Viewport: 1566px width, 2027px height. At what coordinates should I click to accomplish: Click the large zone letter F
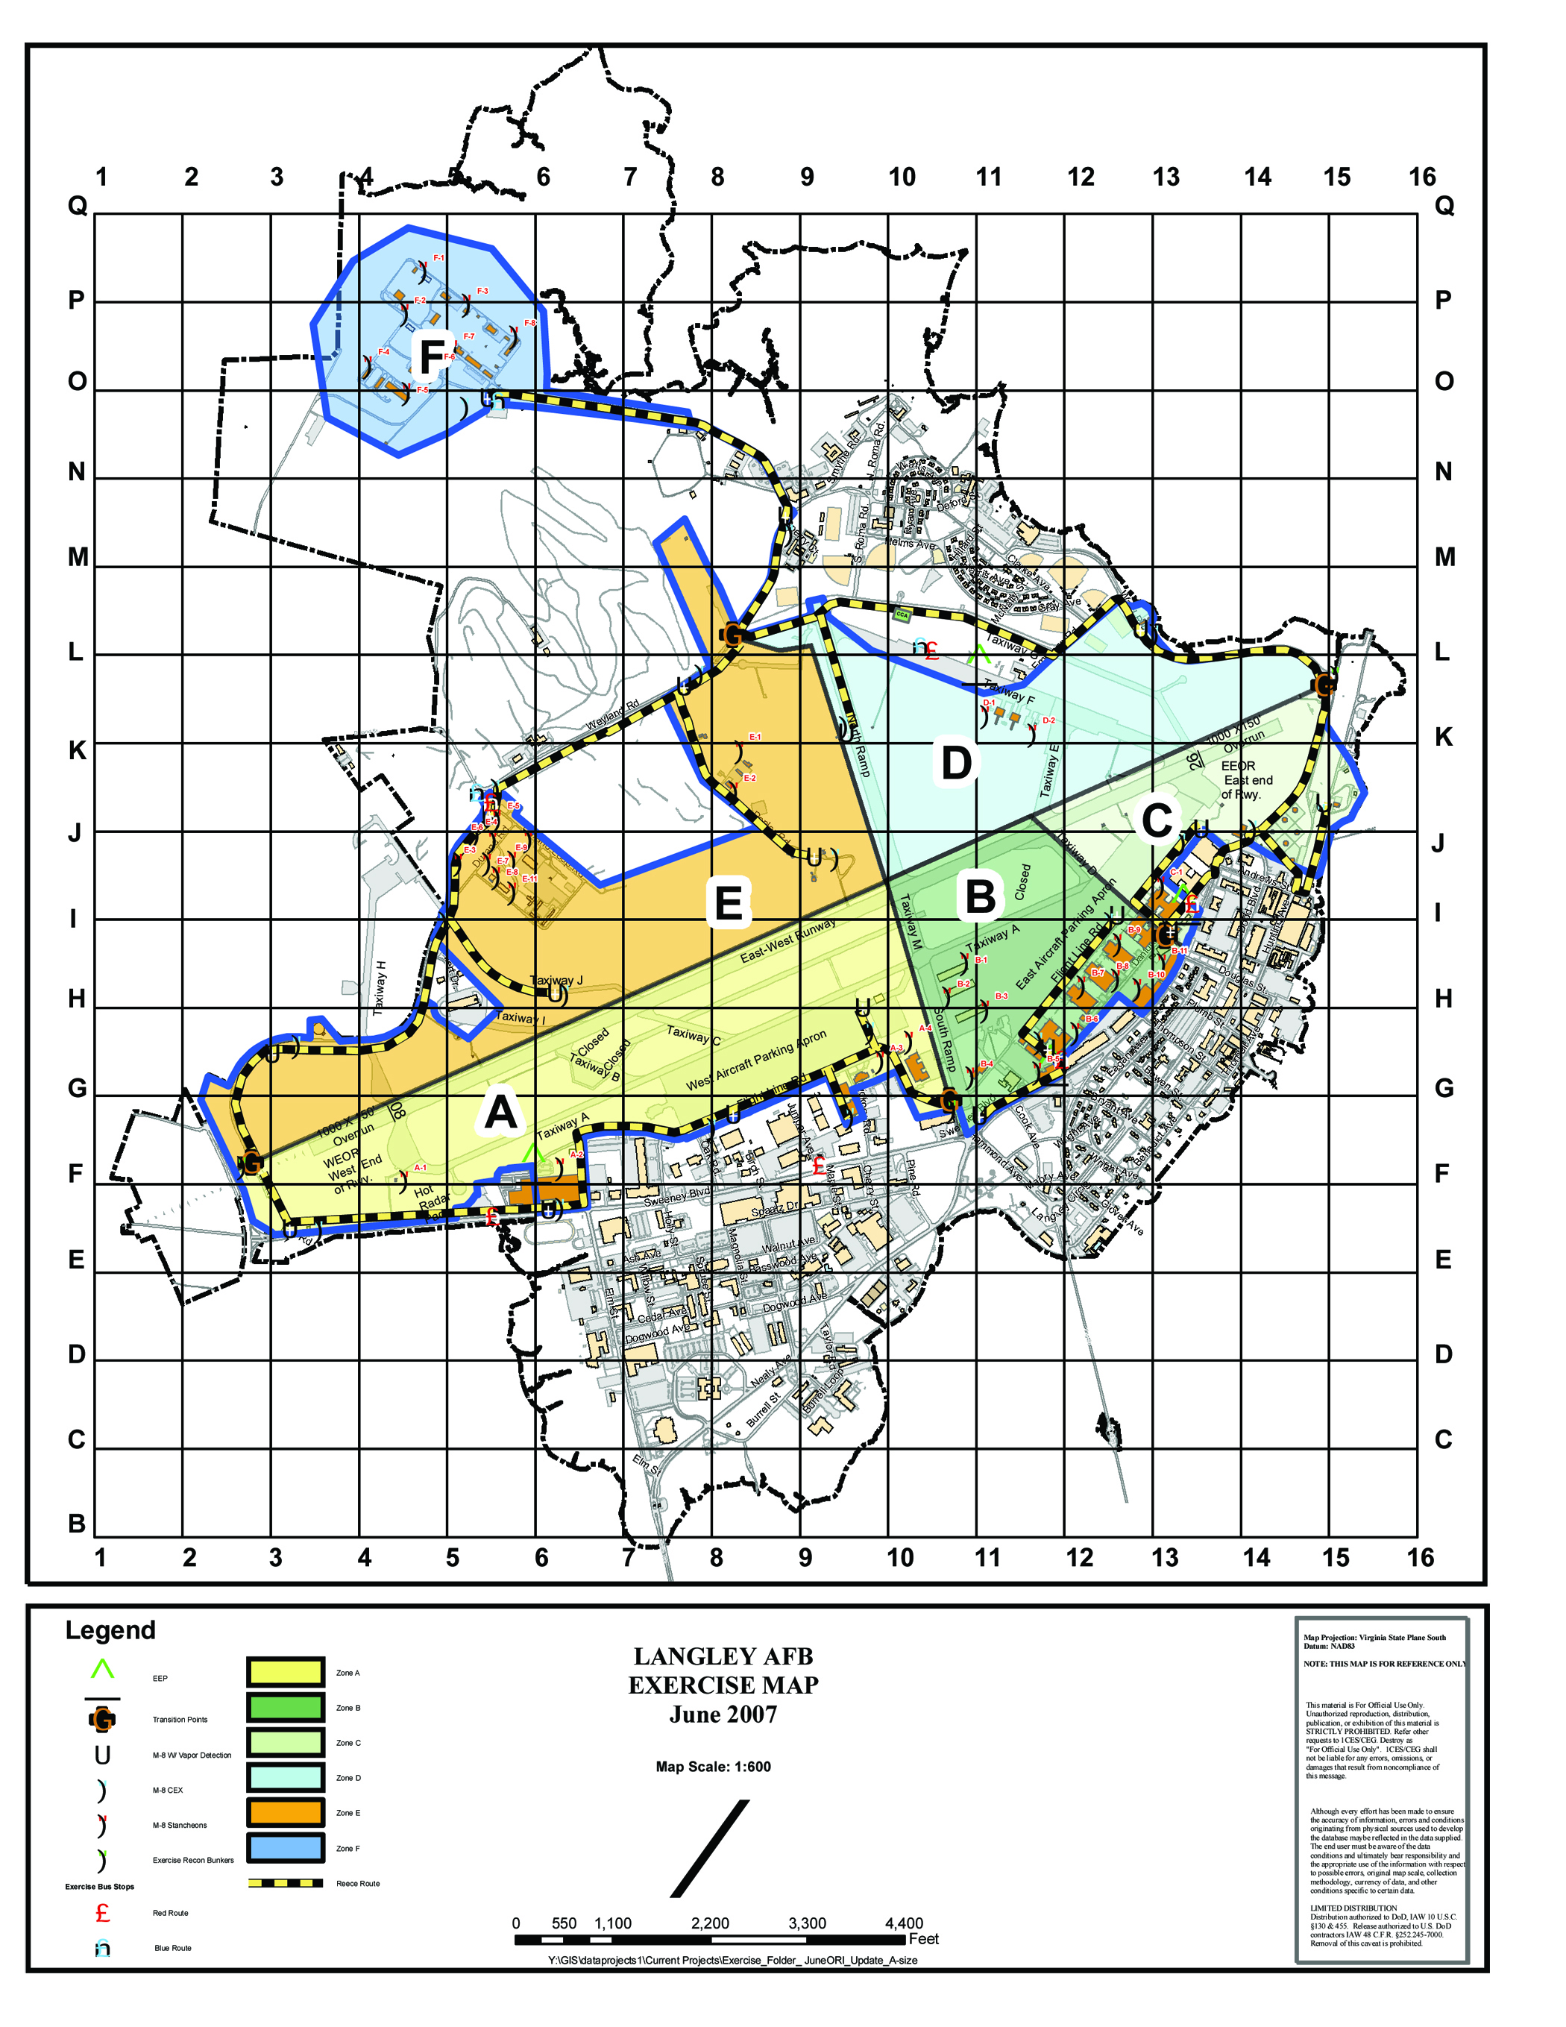click(x=432, y=356)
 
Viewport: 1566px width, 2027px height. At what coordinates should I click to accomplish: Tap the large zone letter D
click(x=956, y=763)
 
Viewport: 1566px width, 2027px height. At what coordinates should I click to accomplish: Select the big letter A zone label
click(x=500, y=1112)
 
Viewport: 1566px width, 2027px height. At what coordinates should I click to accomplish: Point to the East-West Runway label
click(x=787, y=941)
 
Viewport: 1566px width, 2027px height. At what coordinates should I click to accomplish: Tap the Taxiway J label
click(x=556, y=980)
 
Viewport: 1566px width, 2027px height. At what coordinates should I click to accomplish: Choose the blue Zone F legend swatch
click(x=285, y=1848)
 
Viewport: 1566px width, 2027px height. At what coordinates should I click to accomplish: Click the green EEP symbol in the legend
click(x=102, y=1670)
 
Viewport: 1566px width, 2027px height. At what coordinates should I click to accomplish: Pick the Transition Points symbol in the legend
click(x=102, y=1719)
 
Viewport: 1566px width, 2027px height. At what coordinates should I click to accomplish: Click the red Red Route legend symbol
click(x=102, y=1913)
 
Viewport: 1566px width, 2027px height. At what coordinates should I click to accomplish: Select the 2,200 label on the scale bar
click(x=709, y=1924)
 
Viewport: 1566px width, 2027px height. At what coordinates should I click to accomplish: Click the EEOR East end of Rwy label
click(x=1246, y=779)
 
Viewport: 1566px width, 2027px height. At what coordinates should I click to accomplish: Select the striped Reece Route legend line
click(x=285, y=1883)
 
